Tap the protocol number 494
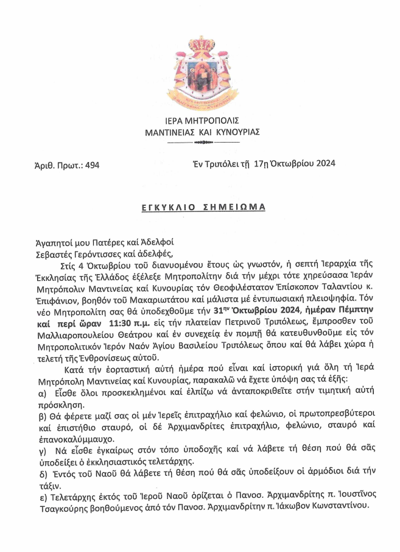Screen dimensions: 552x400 [91, 165]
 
